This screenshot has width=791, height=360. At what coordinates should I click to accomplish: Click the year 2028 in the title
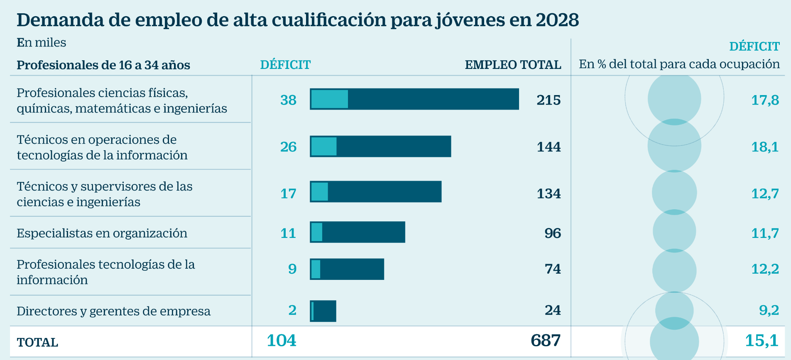tap(557, 20)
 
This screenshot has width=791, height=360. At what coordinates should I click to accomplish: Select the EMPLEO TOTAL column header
tap(513, 65)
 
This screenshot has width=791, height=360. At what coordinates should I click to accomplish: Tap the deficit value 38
tap(288, 100)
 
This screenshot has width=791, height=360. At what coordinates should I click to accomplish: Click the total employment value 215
tap(549, 100)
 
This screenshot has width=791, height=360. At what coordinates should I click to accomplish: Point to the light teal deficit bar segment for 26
tap(324, 147)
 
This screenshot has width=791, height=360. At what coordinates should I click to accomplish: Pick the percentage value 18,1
tap(765, 147)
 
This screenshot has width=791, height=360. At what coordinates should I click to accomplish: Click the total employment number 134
tap(549, 193)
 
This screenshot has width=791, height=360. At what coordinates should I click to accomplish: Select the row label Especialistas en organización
tap(102, 233)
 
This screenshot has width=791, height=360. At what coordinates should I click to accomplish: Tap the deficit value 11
tap(288, 233)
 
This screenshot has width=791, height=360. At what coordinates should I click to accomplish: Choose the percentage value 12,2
tap(765, 269)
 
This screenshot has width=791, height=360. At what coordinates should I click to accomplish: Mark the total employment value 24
tap(553, 310)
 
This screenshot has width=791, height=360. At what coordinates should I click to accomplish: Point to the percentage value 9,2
tap(769, 310)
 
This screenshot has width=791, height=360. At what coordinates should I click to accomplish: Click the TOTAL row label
tap(37, 343)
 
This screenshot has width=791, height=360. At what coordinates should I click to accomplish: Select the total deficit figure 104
tap(281, 340)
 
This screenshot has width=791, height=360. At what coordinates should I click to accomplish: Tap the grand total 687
tap(545, 340)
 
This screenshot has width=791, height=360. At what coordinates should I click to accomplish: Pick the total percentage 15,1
tap(762, 340)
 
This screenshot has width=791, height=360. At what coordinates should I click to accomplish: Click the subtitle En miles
tap(41, 43)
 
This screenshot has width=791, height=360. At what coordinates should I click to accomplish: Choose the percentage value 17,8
tap(765, 100)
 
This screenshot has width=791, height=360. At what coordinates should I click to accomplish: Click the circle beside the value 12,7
tap(674, 193)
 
